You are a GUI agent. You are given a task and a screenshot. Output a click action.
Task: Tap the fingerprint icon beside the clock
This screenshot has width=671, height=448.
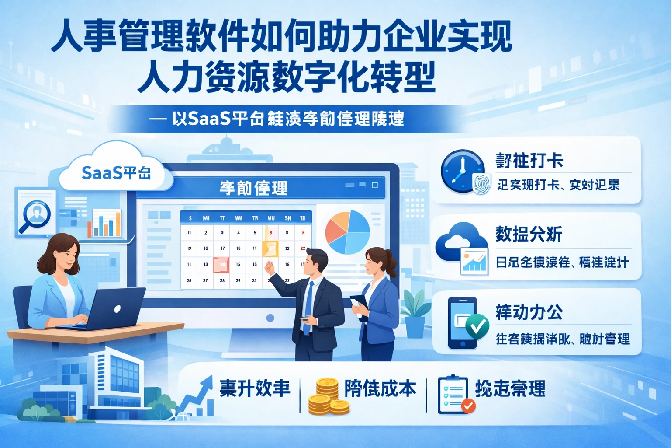pos(482,183)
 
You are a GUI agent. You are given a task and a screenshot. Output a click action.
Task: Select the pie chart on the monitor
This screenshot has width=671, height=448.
pos(348,232)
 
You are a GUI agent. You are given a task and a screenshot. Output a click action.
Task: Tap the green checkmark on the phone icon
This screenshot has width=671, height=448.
pos(477,326)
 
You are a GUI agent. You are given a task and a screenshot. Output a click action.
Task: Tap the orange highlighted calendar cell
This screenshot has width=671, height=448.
pos(270,248)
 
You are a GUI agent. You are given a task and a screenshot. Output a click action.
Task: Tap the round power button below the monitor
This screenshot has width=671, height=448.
pos(270,318)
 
